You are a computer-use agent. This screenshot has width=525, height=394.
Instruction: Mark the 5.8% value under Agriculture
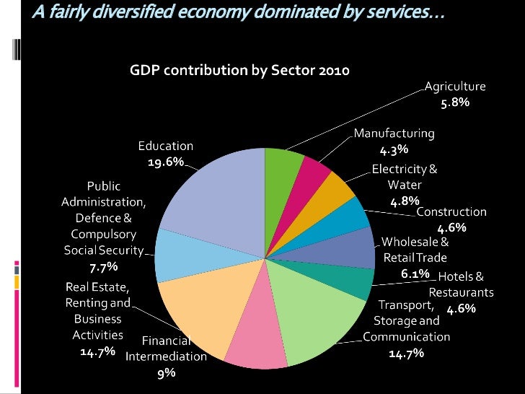[x=455, y=103]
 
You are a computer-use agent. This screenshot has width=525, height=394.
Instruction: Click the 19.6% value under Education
[x=166, y=162]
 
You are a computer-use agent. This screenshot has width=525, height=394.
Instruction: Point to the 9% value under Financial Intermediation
[x=167, y=373]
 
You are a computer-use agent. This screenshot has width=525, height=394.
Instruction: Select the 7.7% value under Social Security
[x=103, y=267]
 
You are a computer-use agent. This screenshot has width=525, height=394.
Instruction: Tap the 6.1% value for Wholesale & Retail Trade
[x=415, y=273]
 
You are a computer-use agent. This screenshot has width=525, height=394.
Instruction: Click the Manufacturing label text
[x=394, y=133]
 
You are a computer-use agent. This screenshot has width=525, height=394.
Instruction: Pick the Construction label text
[x=451, y=211]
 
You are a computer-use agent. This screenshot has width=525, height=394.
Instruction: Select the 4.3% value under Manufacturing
[x=394, y=150]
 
